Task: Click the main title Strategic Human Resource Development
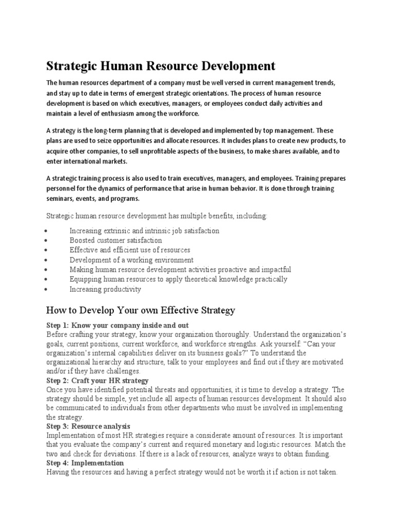pos(153,66)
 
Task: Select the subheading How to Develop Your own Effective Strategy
pos(141,310)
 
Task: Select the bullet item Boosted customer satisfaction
pos(115,240)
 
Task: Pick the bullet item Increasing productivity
pos(105,289)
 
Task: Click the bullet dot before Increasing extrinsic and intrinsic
pos(47,231)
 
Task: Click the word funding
pos(318,454)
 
